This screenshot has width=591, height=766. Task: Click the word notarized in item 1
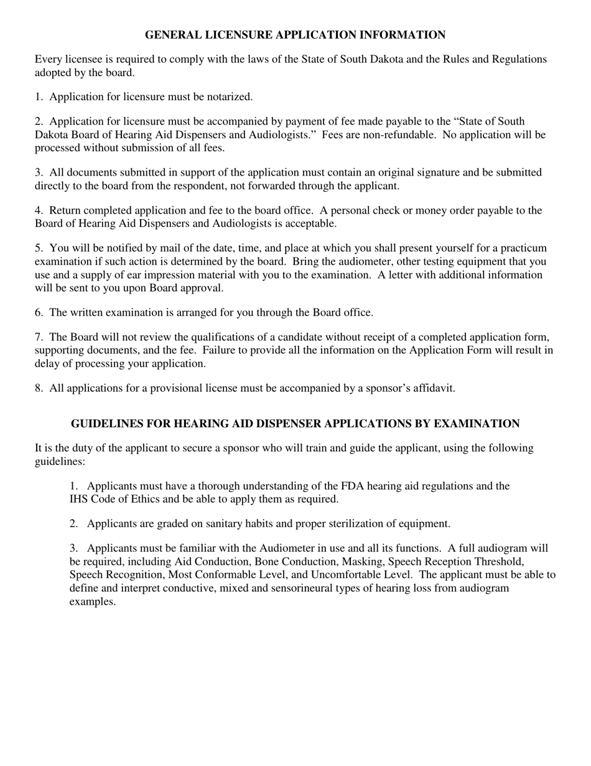click(x=229, y=97)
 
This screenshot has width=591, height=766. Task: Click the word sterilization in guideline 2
click(x=353, y=524)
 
